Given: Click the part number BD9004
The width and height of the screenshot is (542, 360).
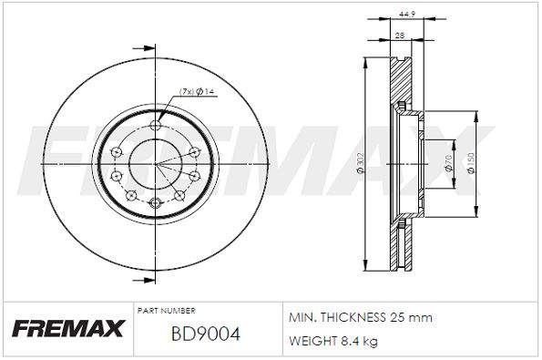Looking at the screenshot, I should pos(205,334).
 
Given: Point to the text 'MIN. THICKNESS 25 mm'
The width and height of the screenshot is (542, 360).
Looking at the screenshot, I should pos(359,317).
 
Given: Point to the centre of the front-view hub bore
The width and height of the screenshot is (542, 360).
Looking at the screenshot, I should pos(155,164).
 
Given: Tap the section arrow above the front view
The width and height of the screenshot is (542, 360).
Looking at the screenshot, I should pos(141,48).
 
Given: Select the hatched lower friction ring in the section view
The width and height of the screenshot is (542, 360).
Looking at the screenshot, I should pos(397,246).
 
